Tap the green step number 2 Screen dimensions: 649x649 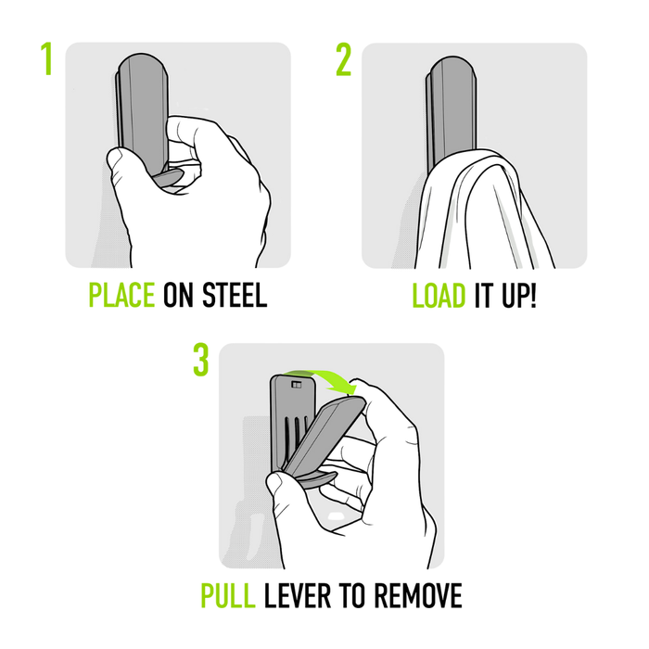344,58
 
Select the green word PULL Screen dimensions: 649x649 229,596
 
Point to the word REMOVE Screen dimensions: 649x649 415,596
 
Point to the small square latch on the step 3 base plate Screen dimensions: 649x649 296,381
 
